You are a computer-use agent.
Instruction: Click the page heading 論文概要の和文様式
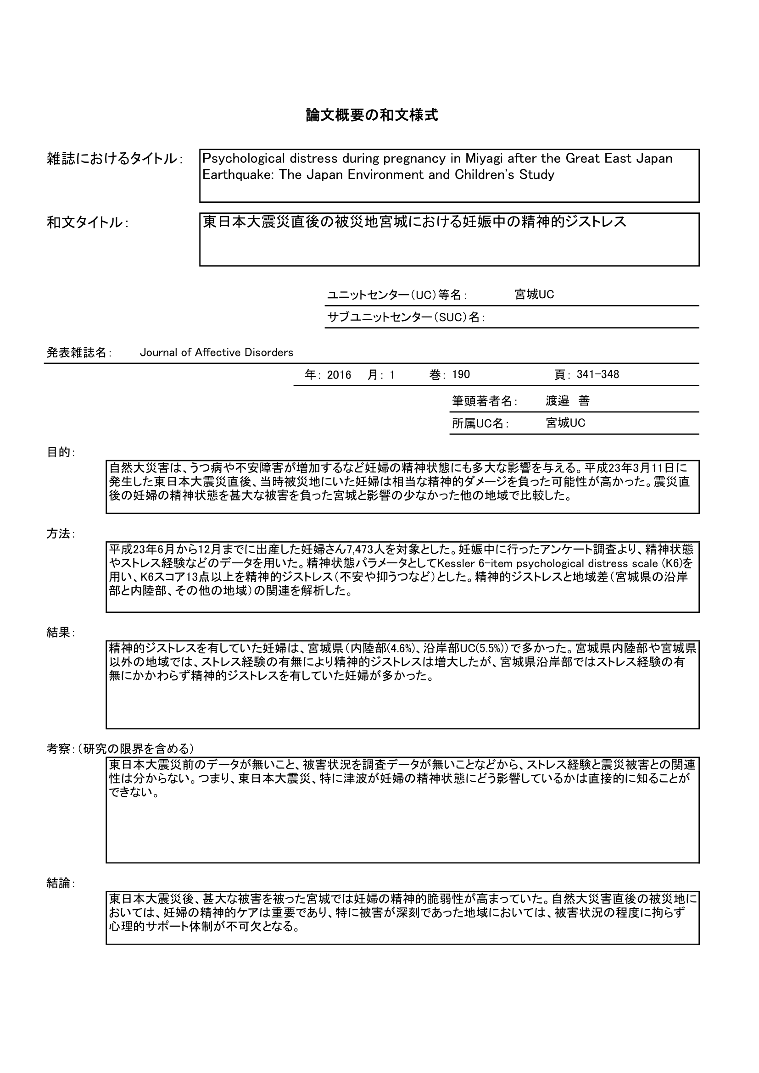[x=372, y=115]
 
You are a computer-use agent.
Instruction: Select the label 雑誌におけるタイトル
[x=112, y=159]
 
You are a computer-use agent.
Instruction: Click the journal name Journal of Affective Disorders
[x=217, y=353]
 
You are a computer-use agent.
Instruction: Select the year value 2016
[x=339, y=375]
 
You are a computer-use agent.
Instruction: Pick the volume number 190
[x=461, y=375]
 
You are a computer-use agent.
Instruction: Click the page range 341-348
[x=598, y=375]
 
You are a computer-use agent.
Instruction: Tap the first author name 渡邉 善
[x=567, y=401]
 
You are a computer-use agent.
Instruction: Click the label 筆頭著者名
[x=484, y=401]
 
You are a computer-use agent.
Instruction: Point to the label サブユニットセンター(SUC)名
[x=405, y=317]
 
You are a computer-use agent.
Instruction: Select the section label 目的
[x=58, y=452]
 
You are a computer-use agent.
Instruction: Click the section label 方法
[x=58, y=534]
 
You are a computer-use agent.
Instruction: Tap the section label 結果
[x=58, y=633]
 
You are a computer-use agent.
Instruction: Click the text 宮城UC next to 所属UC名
[x=565, y=423]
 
